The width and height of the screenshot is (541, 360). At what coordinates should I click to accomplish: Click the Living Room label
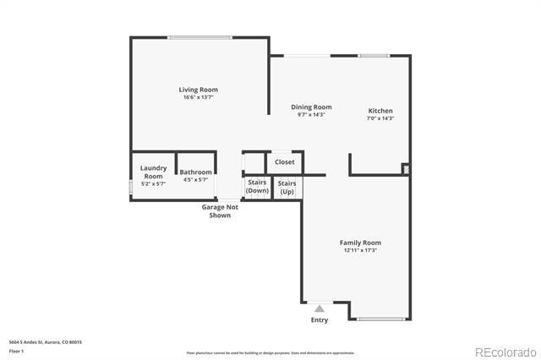tap(199, 90)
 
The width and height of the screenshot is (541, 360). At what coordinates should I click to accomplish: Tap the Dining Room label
tap(311, 107)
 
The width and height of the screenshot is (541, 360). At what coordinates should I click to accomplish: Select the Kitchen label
tap(380, 111)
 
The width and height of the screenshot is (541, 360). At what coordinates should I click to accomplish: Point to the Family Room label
tap(360, 243)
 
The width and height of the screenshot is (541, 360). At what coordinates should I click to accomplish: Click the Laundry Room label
tap(153, 172)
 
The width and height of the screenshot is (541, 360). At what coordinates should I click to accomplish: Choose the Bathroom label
tap(195, 172)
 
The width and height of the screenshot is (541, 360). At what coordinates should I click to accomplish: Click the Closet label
tap(285, 161)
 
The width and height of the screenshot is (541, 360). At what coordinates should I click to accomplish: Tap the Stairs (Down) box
tap(257, 187)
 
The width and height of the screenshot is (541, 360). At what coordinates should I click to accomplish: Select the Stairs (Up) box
tap(287, 187)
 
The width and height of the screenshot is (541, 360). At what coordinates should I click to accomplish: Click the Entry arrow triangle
tap(319, 308)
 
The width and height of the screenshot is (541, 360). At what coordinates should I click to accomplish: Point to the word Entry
tap(320, 319)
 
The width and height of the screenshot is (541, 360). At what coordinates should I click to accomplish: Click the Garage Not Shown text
tap(220, 210)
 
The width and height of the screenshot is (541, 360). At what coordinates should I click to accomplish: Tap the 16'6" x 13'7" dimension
tap(199, 97)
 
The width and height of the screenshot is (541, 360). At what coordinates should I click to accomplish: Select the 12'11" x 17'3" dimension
tap(360, 250)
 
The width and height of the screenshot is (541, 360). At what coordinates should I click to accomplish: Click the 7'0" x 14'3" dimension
tap(380, 118)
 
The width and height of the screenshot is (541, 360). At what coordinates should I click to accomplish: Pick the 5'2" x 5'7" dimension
tap(153, 183)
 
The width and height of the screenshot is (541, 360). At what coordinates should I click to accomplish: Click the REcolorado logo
tap(505, 352)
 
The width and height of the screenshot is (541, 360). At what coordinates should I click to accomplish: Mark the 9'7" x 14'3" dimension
tap(311, 115)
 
